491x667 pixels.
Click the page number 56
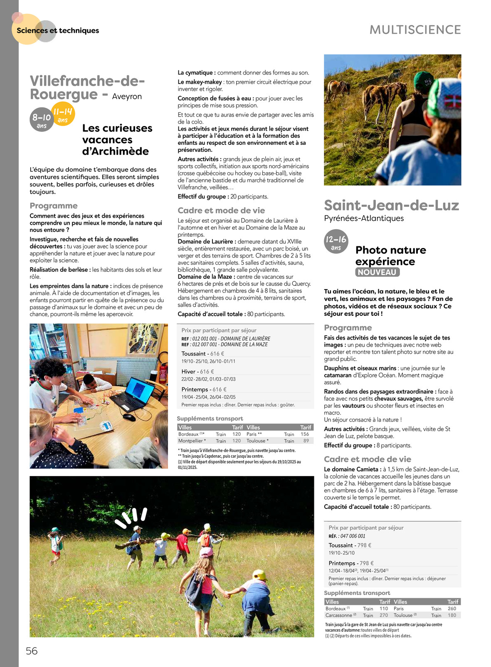32,651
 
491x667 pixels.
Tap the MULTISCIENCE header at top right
415,30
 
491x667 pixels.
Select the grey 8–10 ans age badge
42,120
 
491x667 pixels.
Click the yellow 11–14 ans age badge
63,114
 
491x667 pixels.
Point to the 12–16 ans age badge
336,242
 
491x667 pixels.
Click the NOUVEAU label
377,272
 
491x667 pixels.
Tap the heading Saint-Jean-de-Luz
391,205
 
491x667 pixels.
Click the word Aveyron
127,97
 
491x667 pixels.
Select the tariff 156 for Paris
305,434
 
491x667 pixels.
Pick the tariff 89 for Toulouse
306,441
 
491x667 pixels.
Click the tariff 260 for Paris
452,608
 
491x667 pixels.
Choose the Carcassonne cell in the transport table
339,615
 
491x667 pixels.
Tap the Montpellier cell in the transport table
190,441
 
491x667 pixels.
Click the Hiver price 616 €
207,372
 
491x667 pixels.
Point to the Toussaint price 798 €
364,545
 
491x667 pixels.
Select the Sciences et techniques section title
58,30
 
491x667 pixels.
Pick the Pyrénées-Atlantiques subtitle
364,218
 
